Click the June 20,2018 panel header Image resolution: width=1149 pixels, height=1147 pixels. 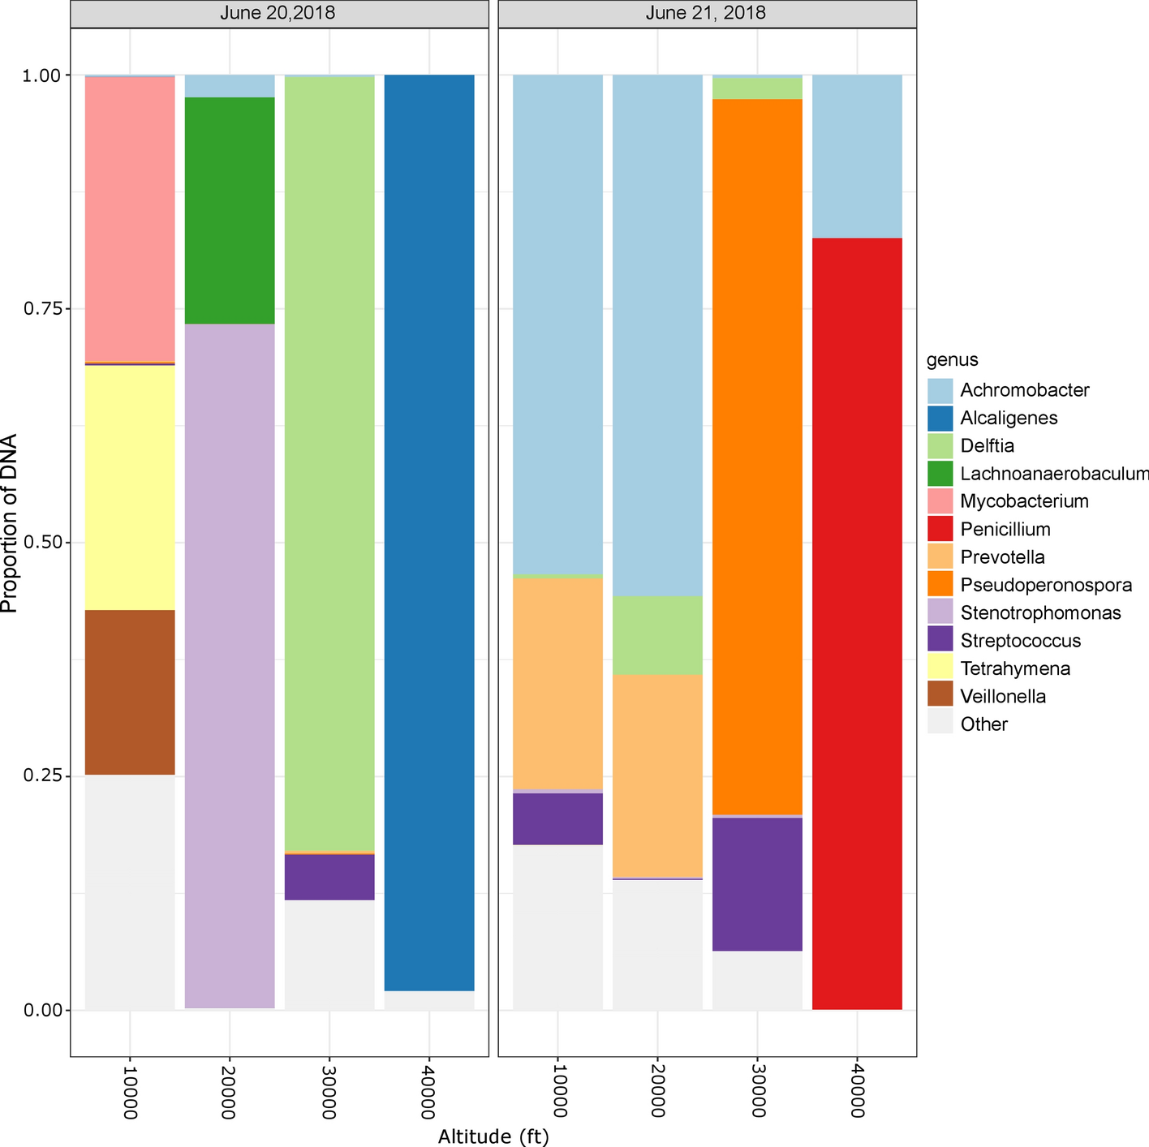click(x=279, y=14)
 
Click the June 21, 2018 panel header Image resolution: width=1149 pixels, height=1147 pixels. click(x=706, y=14)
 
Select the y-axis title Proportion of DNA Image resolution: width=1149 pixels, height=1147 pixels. click(x=10, y=523)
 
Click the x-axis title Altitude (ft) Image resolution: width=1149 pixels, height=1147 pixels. click(x=493, y=1136)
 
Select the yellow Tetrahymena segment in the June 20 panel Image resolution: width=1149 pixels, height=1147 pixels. click(x=130, y=487)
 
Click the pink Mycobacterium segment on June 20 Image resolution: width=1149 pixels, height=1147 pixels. click(x=130, y=219)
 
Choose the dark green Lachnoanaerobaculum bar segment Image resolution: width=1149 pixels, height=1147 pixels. click(x=230, y=210)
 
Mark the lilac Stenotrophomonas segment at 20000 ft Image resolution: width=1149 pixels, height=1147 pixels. click(x=230, y=665)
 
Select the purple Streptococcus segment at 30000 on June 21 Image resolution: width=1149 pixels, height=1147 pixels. click(x=757, y=883)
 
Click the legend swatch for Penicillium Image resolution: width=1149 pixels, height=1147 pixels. click(x=940, y=530)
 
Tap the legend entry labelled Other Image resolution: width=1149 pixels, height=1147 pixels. click(x=983, y=724)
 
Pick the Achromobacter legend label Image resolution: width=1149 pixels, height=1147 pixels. click(x=1024, y=390)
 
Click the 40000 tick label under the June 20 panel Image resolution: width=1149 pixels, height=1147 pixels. click(x=428, y=1089)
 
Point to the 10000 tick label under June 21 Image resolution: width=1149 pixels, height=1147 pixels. click(x=557, y=1089)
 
